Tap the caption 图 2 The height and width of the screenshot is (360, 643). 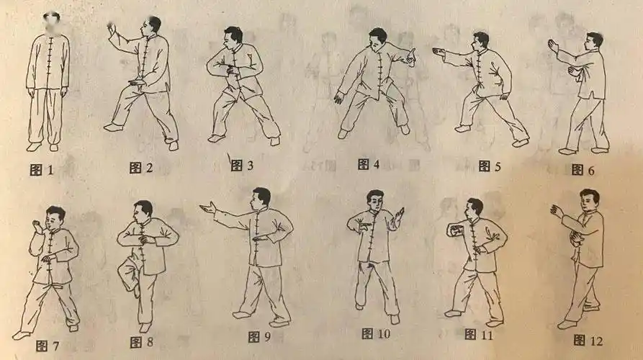[141, 168]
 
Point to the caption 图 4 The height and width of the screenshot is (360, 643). [368, 164]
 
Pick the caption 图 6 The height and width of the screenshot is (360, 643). [582, 169]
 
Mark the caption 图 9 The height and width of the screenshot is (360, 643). [259, 336]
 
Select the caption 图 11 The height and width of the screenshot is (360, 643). [478, 334]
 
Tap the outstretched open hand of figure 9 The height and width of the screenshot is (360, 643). [207, 209]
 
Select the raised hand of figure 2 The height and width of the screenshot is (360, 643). [112, 30]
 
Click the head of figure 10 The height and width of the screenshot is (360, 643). [374, 199]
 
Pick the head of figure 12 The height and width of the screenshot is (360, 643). [590, 199]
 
